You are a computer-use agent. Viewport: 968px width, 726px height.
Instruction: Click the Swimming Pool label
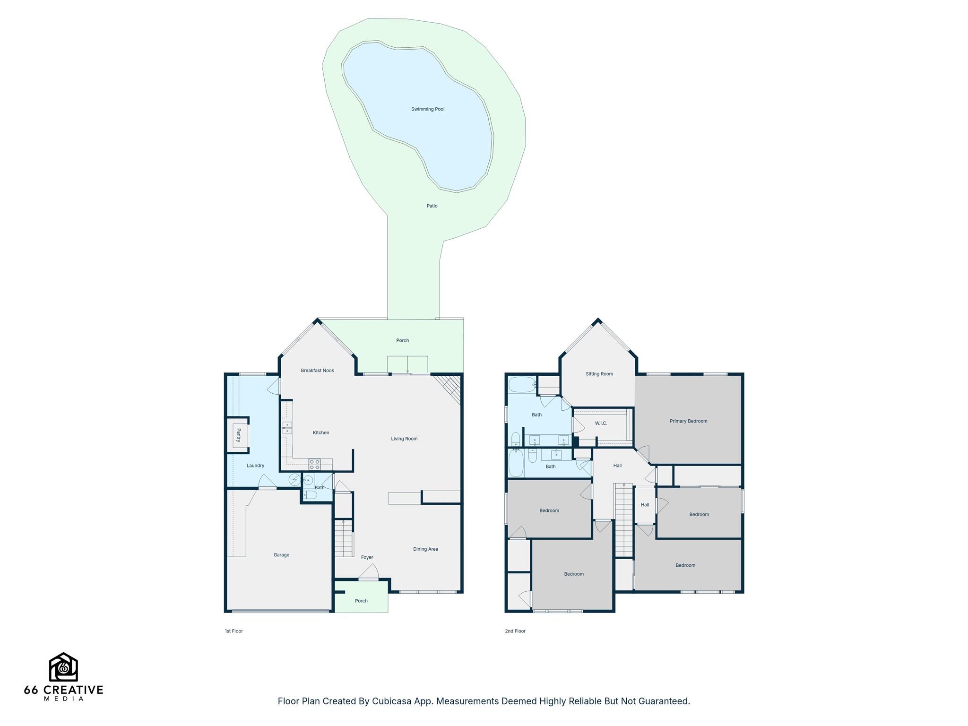pyautogui.click(x=428, y=109)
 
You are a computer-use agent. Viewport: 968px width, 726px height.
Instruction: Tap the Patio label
pyautogui.click(x=432, y=206)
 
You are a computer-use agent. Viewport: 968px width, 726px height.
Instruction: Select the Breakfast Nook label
pyautogui.click(x=317, y=371)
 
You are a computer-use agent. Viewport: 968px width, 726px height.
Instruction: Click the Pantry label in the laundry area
pyautogui.click(x=239, y=435)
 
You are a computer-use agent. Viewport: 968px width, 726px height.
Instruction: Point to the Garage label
pyautogui.click(x=281, y=555)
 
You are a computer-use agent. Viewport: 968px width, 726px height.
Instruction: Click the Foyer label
pyautogui.click(x=367, y=557)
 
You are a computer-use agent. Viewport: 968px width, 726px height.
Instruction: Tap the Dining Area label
pyautogui.click(x=425, y=549)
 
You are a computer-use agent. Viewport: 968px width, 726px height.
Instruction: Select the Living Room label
pyautogui.click(x=404, y=439)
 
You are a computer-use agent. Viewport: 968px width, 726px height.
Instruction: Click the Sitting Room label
pyautogui.click(x=599, y=374)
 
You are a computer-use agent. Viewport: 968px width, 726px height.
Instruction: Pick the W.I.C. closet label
pyautogui.click(x=601, y=423)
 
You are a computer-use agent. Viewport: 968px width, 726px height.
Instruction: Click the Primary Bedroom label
pyautogui.click(x=688, y=421)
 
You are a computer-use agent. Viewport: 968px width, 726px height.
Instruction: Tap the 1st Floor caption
pyautogui.click(x=233, y=631)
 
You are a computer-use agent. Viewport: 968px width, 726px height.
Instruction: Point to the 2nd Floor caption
pyautogui.click(x=515, y=631)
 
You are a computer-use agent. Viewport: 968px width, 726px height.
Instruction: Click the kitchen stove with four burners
pyautogui.click(x=314, y=464)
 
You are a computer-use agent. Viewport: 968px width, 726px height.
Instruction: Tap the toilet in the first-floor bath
pyautogui.click(x=310, y=495)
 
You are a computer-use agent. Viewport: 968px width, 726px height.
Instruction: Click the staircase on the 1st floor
pyautogui.click(x=344, y=538)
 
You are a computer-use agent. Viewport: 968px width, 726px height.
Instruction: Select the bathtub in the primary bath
pyautogui.click(x=522, y=385)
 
